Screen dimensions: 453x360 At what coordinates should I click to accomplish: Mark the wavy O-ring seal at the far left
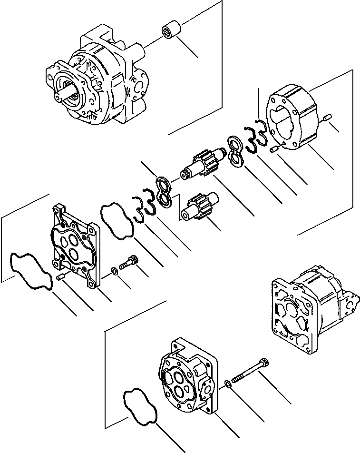[31, 270]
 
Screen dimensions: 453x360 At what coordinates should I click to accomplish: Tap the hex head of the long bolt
[264, 363]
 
